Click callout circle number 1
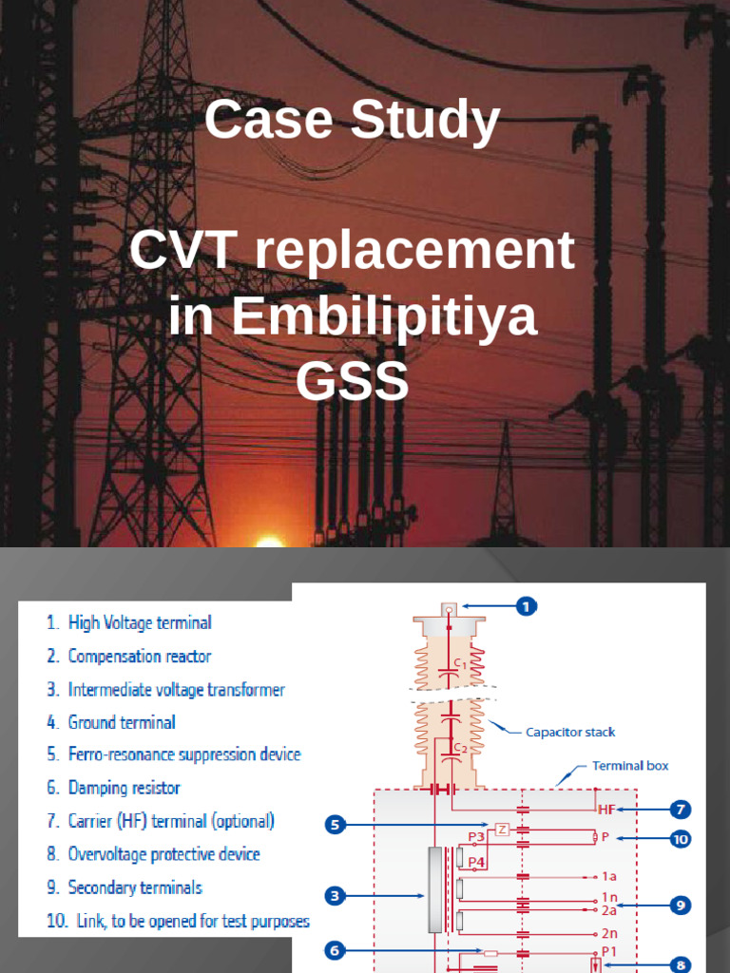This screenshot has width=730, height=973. click(527, 605)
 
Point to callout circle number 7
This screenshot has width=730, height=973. click(680, 810)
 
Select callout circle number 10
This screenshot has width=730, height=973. click(680, 839)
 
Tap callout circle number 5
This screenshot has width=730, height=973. click(334, 824)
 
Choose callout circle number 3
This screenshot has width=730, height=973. click(334, 895)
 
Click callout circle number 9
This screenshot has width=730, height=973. click(680, 905)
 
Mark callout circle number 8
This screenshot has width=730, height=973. click(680, 964)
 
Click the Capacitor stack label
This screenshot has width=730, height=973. click(570, 732)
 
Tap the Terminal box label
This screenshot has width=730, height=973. click(630, 765)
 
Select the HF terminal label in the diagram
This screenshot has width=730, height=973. click(607, 810)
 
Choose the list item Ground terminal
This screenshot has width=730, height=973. click(122, 722)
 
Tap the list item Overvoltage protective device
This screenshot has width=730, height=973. click(163, 854)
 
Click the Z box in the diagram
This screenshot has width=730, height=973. click(502, 828)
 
